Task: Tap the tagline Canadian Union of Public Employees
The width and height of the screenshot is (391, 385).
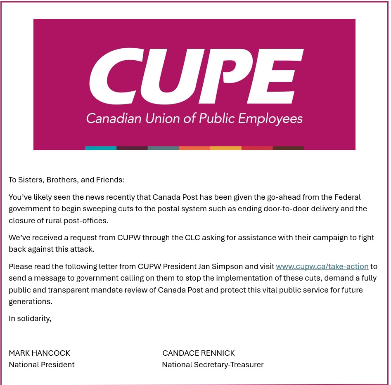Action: (x=194, y=119)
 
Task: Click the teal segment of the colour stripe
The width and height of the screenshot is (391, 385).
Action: (x=101, y=148)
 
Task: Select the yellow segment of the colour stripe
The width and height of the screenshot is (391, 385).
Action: (x=226, y=148)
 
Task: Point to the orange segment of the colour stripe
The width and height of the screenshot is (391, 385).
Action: (x=194, y=148)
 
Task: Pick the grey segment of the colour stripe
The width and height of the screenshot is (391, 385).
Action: (x=163, y=148)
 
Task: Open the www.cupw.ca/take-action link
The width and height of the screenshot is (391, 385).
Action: (x=322, y=267)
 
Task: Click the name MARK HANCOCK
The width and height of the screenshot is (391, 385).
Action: (x=40, y=353)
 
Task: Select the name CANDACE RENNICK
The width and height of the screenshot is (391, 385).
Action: (x=199, y=353)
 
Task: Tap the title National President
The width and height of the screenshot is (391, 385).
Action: (x=42, y=365)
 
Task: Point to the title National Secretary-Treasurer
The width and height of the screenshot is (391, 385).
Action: (x=213, y=365)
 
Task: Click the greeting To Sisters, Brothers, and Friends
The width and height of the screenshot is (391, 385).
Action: (x=66, y=180)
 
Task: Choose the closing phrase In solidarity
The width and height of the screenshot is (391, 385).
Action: (x=30, y=319)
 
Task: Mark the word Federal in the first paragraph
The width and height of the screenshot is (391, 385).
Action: (x=349, y=197)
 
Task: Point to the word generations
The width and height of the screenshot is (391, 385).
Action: (x=30, y=301)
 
